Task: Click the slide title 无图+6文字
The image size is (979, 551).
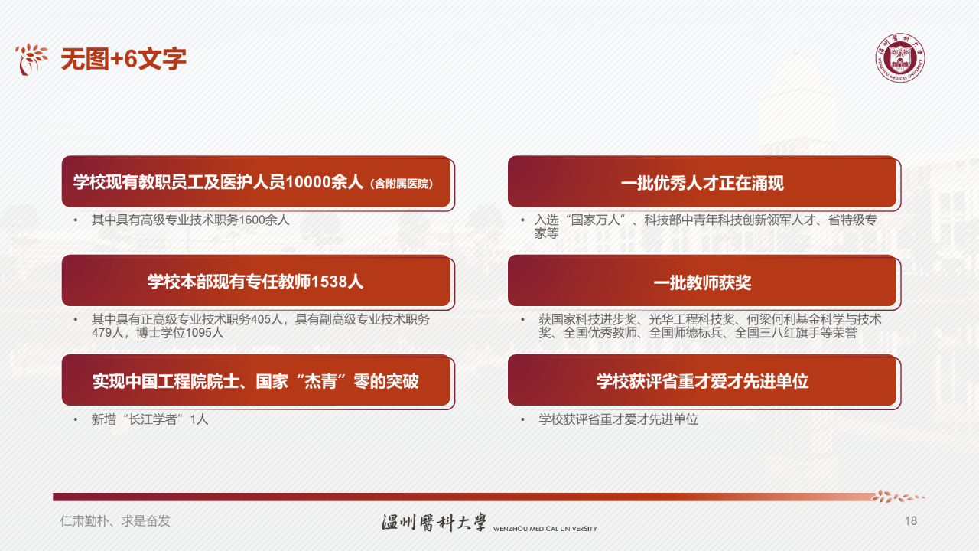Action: [x=123, y=59]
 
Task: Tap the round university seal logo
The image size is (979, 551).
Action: [x=899, y=58]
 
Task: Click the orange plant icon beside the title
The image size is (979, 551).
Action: [x=31, y=59]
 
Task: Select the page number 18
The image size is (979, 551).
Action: [x=910, y=521]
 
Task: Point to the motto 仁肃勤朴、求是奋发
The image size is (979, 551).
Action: [x=115, y=521]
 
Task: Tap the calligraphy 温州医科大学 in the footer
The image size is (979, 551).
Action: [x=434, y=522]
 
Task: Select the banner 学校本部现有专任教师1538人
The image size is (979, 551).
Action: [x=255, y=282]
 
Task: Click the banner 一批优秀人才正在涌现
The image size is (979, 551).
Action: [x=702, y=183]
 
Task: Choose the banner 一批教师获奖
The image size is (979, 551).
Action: [x=702, y=282]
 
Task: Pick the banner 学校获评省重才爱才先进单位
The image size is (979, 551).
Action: [x=702, y=380]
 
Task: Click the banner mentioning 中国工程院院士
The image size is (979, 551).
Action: [x=255, y=380]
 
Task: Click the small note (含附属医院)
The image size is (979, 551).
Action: [x=402, y=184]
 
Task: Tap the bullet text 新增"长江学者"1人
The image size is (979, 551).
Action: [x=150, y=419]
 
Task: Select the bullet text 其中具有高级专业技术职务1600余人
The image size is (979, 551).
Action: [x=190, y=220]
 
